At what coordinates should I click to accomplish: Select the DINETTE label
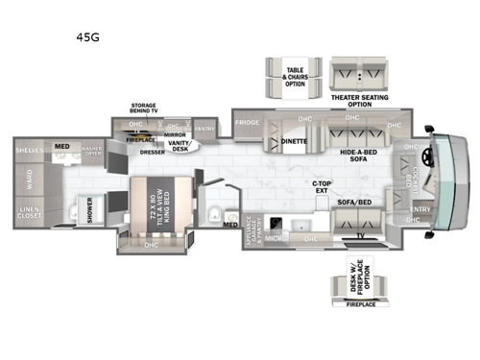(x=294, y=142)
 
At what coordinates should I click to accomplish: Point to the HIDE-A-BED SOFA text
(x=358, y=156)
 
